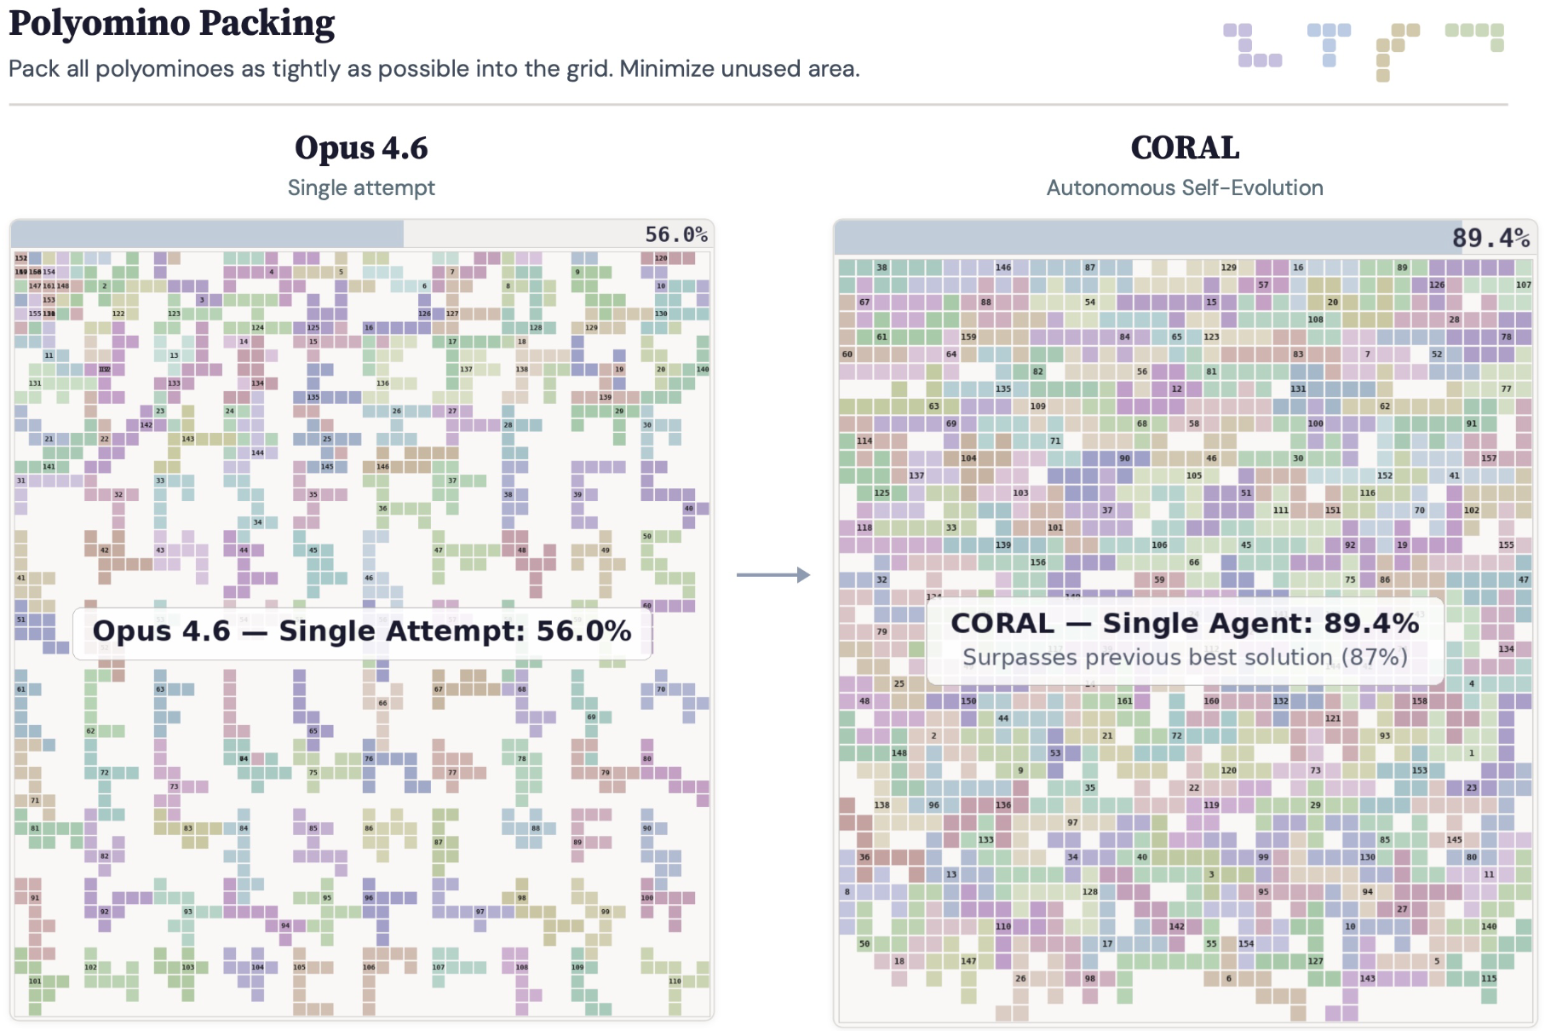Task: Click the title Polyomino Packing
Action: [x=171, y=24]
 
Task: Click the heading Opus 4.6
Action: [x=361, y=148]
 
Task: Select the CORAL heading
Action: [x=1184, y=148]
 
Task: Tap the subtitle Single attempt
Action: [x=361, y=187]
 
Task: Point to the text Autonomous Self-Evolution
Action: [x=1184, y=187]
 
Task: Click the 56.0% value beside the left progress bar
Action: [x=675, y=234]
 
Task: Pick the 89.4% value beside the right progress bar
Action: [x=1490, y=238]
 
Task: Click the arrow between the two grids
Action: [x=772, y=575]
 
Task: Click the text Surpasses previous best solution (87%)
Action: [x=1184, y=657]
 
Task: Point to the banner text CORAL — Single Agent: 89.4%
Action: [x=1184, y=624]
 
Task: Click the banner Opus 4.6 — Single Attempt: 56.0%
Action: [x=361, y=631]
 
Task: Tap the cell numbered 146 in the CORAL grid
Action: [x=1003, y=268]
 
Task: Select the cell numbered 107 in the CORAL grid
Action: [x=1523, y=285]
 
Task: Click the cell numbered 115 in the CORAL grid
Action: [x=1488, y=978]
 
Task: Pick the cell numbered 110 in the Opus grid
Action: [x=675, y=981]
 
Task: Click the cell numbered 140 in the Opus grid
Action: [x=702, y=369]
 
